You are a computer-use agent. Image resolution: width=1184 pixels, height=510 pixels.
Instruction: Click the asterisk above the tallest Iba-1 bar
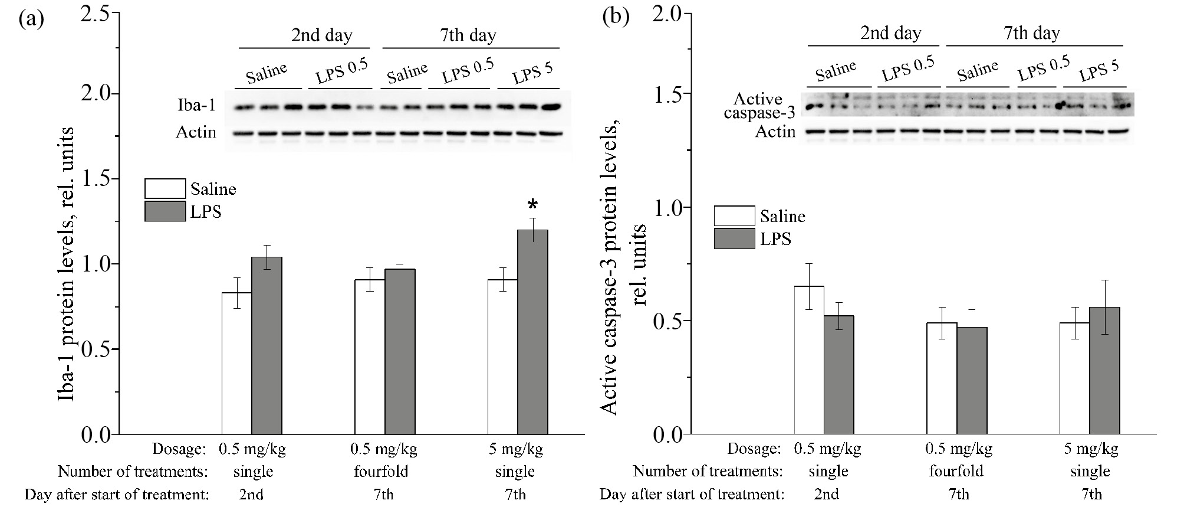click(x=533, y=205)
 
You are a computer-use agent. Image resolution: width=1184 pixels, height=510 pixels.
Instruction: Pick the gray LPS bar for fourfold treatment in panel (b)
click(x=972, y=381)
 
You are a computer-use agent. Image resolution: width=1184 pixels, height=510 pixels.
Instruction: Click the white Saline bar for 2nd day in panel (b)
click(x=809, y=360)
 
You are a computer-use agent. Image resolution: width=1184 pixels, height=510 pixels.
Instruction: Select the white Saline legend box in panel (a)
click(x=165, y=189)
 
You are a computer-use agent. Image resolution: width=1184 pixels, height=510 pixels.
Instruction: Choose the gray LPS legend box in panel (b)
click(x=734, y=238)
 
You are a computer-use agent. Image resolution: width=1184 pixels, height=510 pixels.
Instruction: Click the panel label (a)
click(x=31, y=19)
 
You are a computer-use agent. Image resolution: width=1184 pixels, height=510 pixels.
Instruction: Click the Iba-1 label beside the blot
click(x=196, y=106)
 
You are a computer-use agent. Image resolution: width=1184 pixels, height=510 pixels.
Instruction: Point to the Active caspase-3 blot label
click(x=759, y=106)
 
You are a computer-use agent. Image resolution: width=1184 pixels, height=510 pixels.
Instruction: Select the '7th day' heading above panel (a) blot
click(x=468, y=35)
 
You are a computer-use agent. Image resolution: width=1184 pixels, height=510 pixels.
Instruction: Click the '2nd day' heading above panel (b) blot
click(x=890, y=33)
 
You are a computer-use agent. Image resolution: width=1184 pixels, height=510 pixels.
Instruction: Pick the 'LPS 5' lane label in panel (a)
click(x=532, y=74)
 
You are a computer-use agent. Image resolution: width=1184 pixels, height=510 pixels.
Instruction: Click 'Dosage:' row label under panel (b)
click(x=754, y=449)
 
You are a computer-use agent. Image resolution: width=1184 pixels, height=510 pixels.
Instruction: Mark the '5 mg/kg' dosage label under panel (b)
click(x=1091, y=449)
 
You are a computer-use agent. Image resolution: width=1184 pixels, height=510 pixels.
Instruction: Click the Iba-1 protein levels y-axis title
click(x=67, y=264)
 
